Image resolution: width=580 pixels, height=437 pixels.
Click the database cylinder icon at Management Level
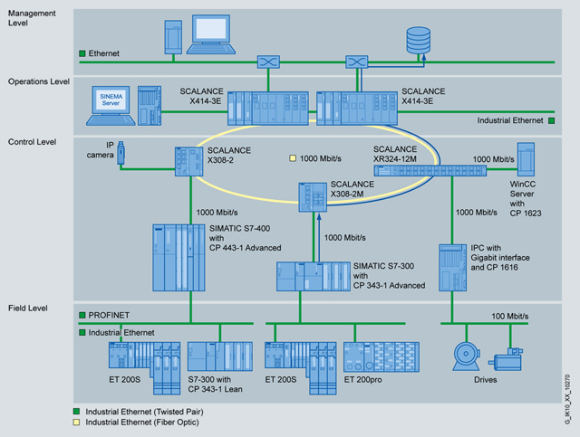tap(418, 40)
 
